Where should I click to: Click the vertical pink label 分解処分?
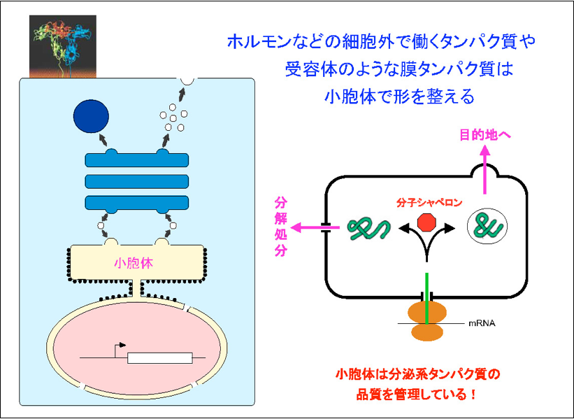280,227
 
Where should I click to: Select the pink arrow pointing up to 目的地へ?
486,169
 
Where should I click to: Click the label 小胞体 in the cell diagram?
134,264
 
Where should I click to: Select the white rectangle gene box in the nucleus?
159,358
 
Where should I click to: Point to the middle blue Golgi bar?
136,181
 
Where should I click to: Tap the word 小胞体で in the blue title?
360,95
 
